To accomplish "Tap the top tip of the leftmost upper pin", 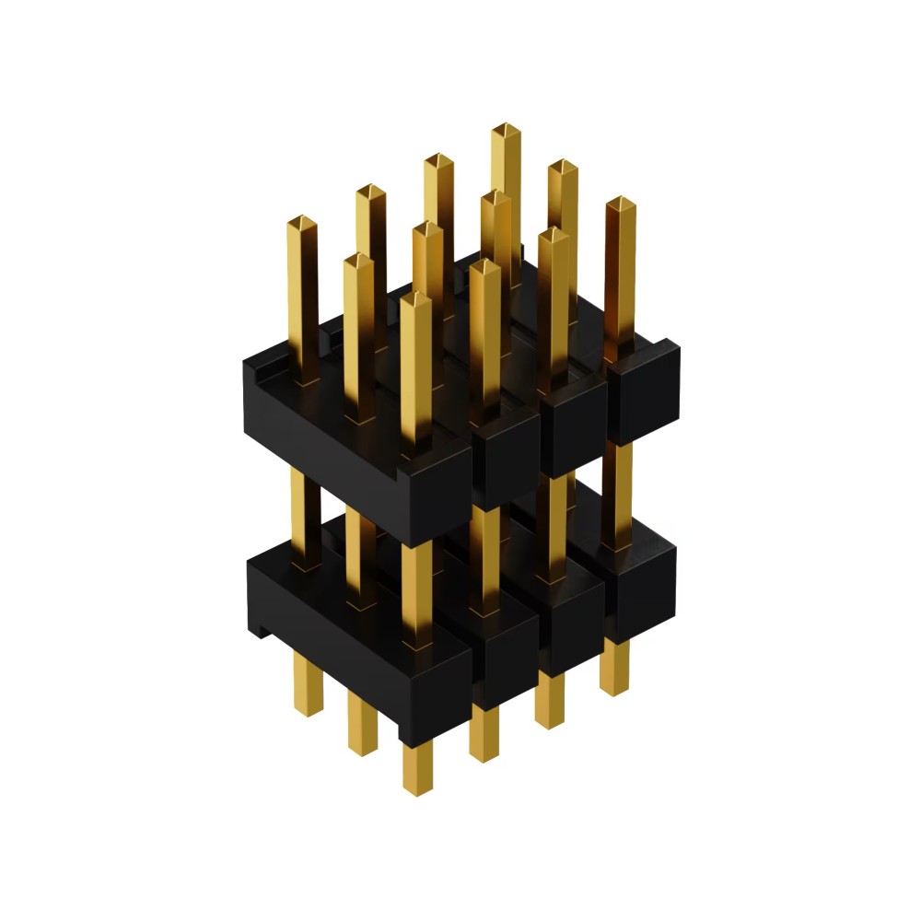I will pyautogui.click(x=302, y=223).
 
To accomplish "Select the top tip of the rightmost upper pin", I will pyautogui.click(x=621, y=204).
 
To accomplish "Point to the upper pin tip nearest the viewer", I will pyautogui.click(x=416, y=299).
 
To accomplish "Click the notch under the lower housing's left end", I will pyautogui.click(x=262, y=632).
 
